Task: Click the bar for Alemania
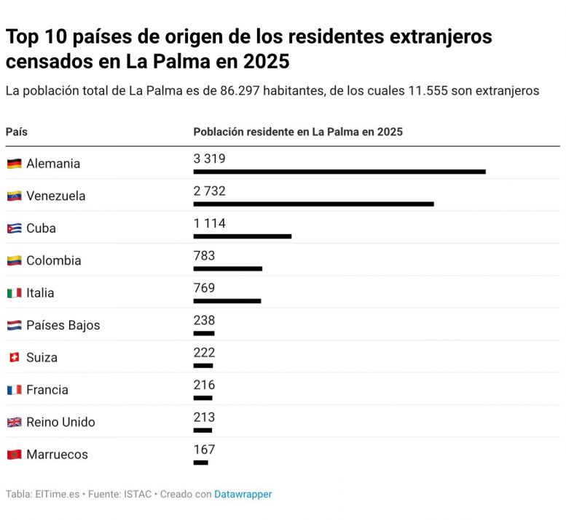point(339,172)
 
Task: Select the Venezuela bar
point(313,204)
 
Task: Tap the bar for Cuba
point(242,236)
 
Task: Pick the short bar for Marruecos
point(200,463)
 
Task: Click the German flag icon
point(14,164)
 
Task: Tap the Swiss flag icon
point(14,358)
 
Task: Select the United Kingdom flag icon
point(14,423)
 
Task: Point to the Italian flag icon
point(14,293)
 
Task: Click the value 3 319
point(209,159)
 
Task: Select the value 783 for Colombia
point(204,255)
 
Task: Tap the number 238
point(204,320)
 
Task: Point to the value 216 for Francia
point(204,385)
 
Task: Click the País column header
point(17,132)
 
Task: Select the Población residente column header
point(297,132)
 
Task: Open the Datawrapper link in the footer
point(243,495)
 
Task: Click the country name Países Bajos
point(63,325)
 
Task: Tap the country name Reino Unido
point(60,423)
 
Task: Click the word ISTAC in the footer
point(137,495)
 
